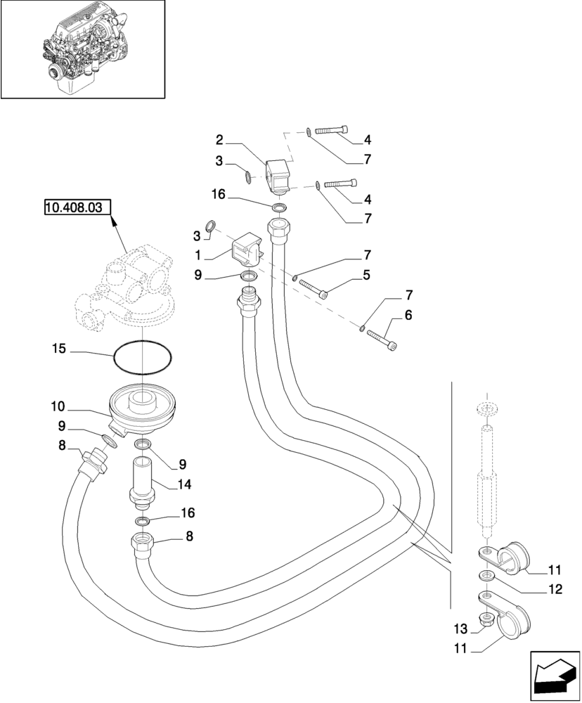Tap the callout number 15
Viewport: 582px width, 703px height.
61,347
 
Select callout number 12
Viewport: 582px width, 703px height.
556,591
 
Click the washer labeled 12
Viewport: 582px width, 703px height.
486,576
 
